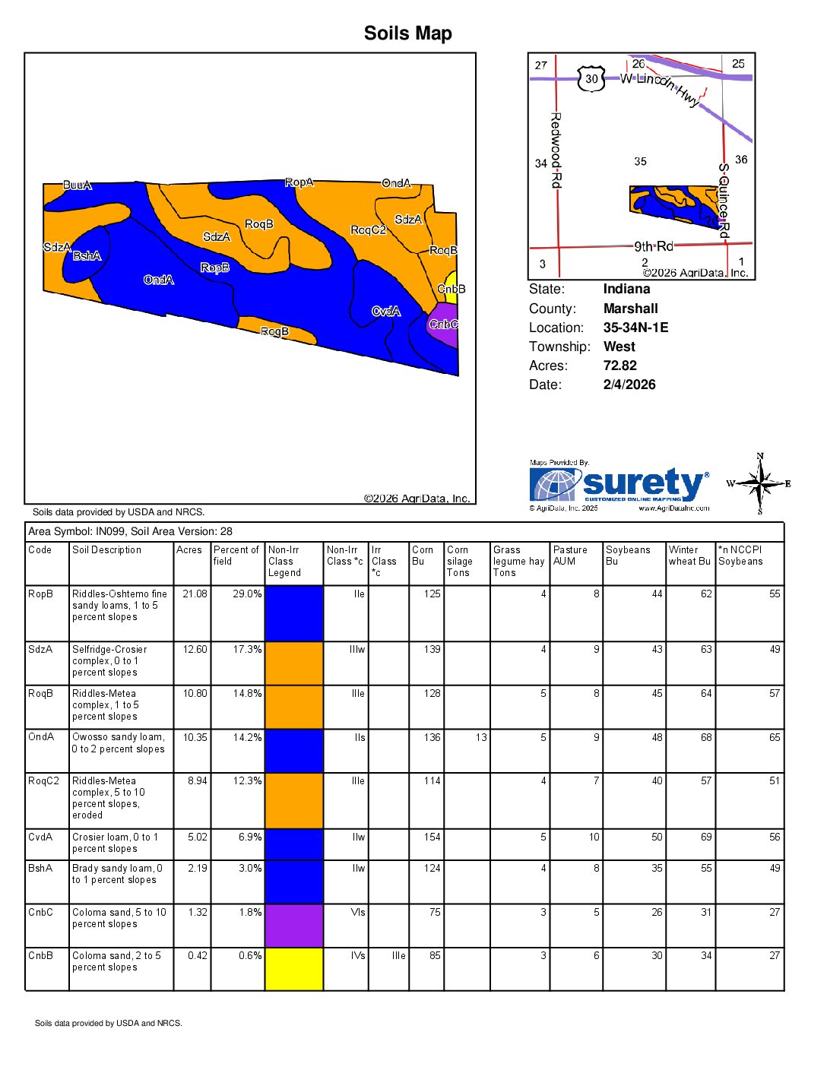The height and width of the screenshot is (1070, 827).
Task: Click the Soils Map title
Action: coord(407,33)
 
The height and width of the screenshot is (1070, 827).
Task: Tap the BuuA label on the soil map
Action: coord(77,185)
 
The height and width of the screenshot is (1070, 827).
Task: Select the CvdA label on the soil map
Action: coord(385,312)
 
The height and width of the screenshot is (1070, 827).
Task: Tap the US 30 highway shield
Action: coord(591,78)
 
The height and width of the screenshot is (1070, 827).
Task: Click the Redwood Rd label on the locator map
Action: coord(556,150)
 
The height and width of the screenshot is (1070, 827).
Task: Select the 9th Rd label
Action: coord(654,246)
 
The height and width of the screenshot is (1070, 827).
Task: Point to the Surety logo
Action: coord(619,485)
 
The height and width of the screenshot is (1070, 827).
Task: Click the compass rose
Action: coord(759,483)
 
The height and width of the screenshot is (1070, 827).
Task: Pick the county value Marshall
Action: coord(630,309)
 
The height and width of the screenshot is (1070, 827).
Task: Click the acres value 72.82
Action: coord(619,366)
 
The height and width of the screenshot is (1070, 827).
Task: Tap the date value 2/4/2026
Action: coord(629,385)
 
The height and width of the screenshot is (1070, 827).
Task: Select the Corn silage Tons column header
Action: coord(459,562)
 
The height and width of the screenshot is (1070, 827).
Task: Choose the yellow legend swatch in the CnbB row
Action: coord(294,969)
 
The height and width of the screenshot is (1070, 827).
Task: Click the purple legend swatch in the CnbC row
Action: coord(294,925)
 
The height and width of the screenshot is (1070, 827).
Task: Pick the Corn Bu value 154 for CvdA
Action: coord(432,837)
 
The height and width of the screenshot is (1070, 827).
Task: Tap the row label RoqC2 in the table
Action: coord(43,781)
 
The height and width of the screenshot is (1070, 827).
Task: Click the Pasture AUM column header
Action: coord(570,556)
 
